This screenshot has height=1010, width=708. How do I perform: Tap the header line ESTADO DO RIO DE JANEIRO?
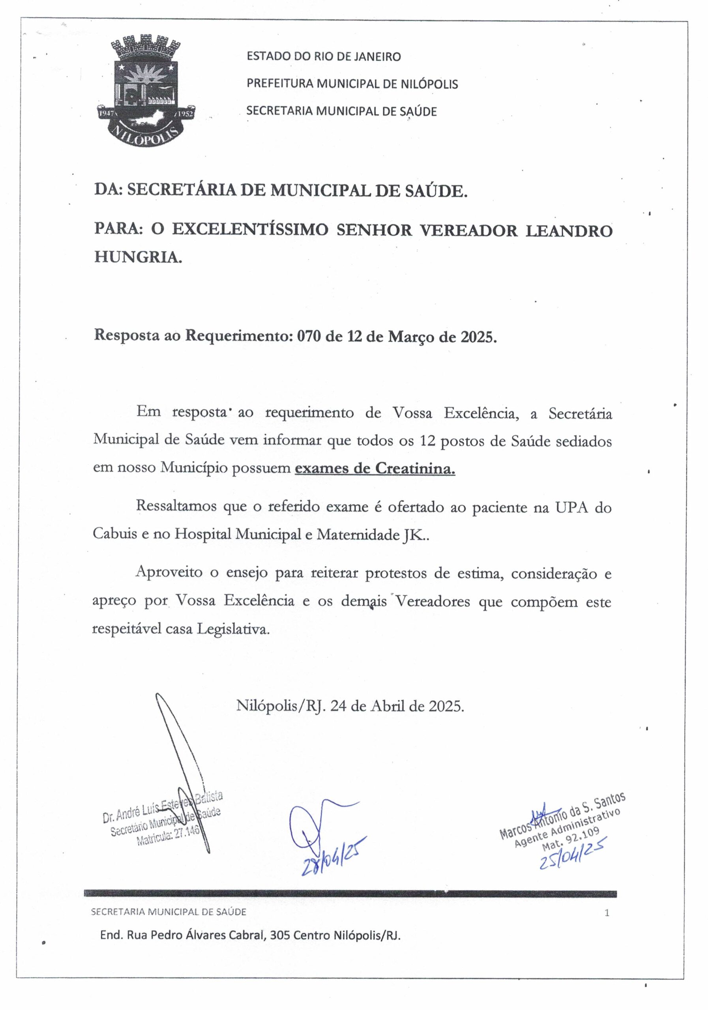[x=324, y=56]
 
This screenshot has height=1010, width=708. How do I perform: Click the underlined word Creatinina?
[x=415, y=469]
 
